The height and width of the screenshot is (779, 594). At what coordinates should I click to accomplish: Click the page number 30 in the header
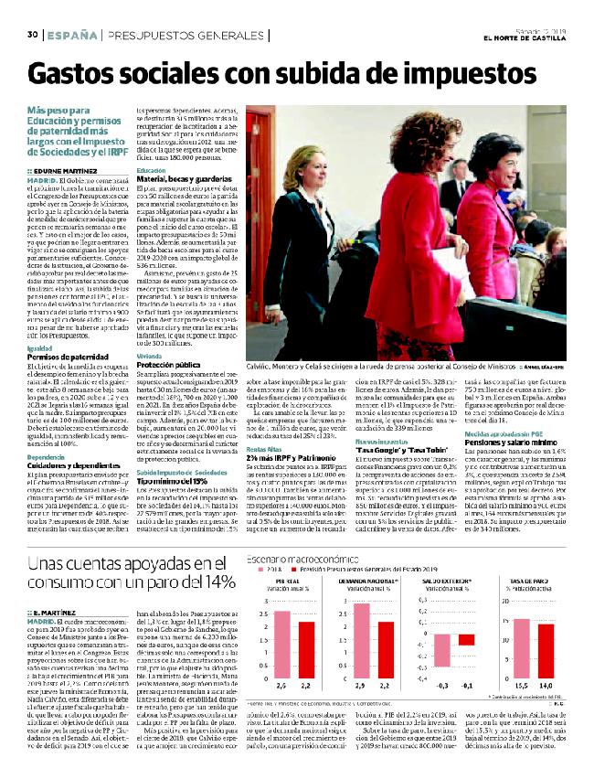(31, 35)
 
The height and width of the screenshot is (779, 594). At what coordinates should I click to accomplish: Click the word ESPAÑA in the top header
(69, 35)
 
